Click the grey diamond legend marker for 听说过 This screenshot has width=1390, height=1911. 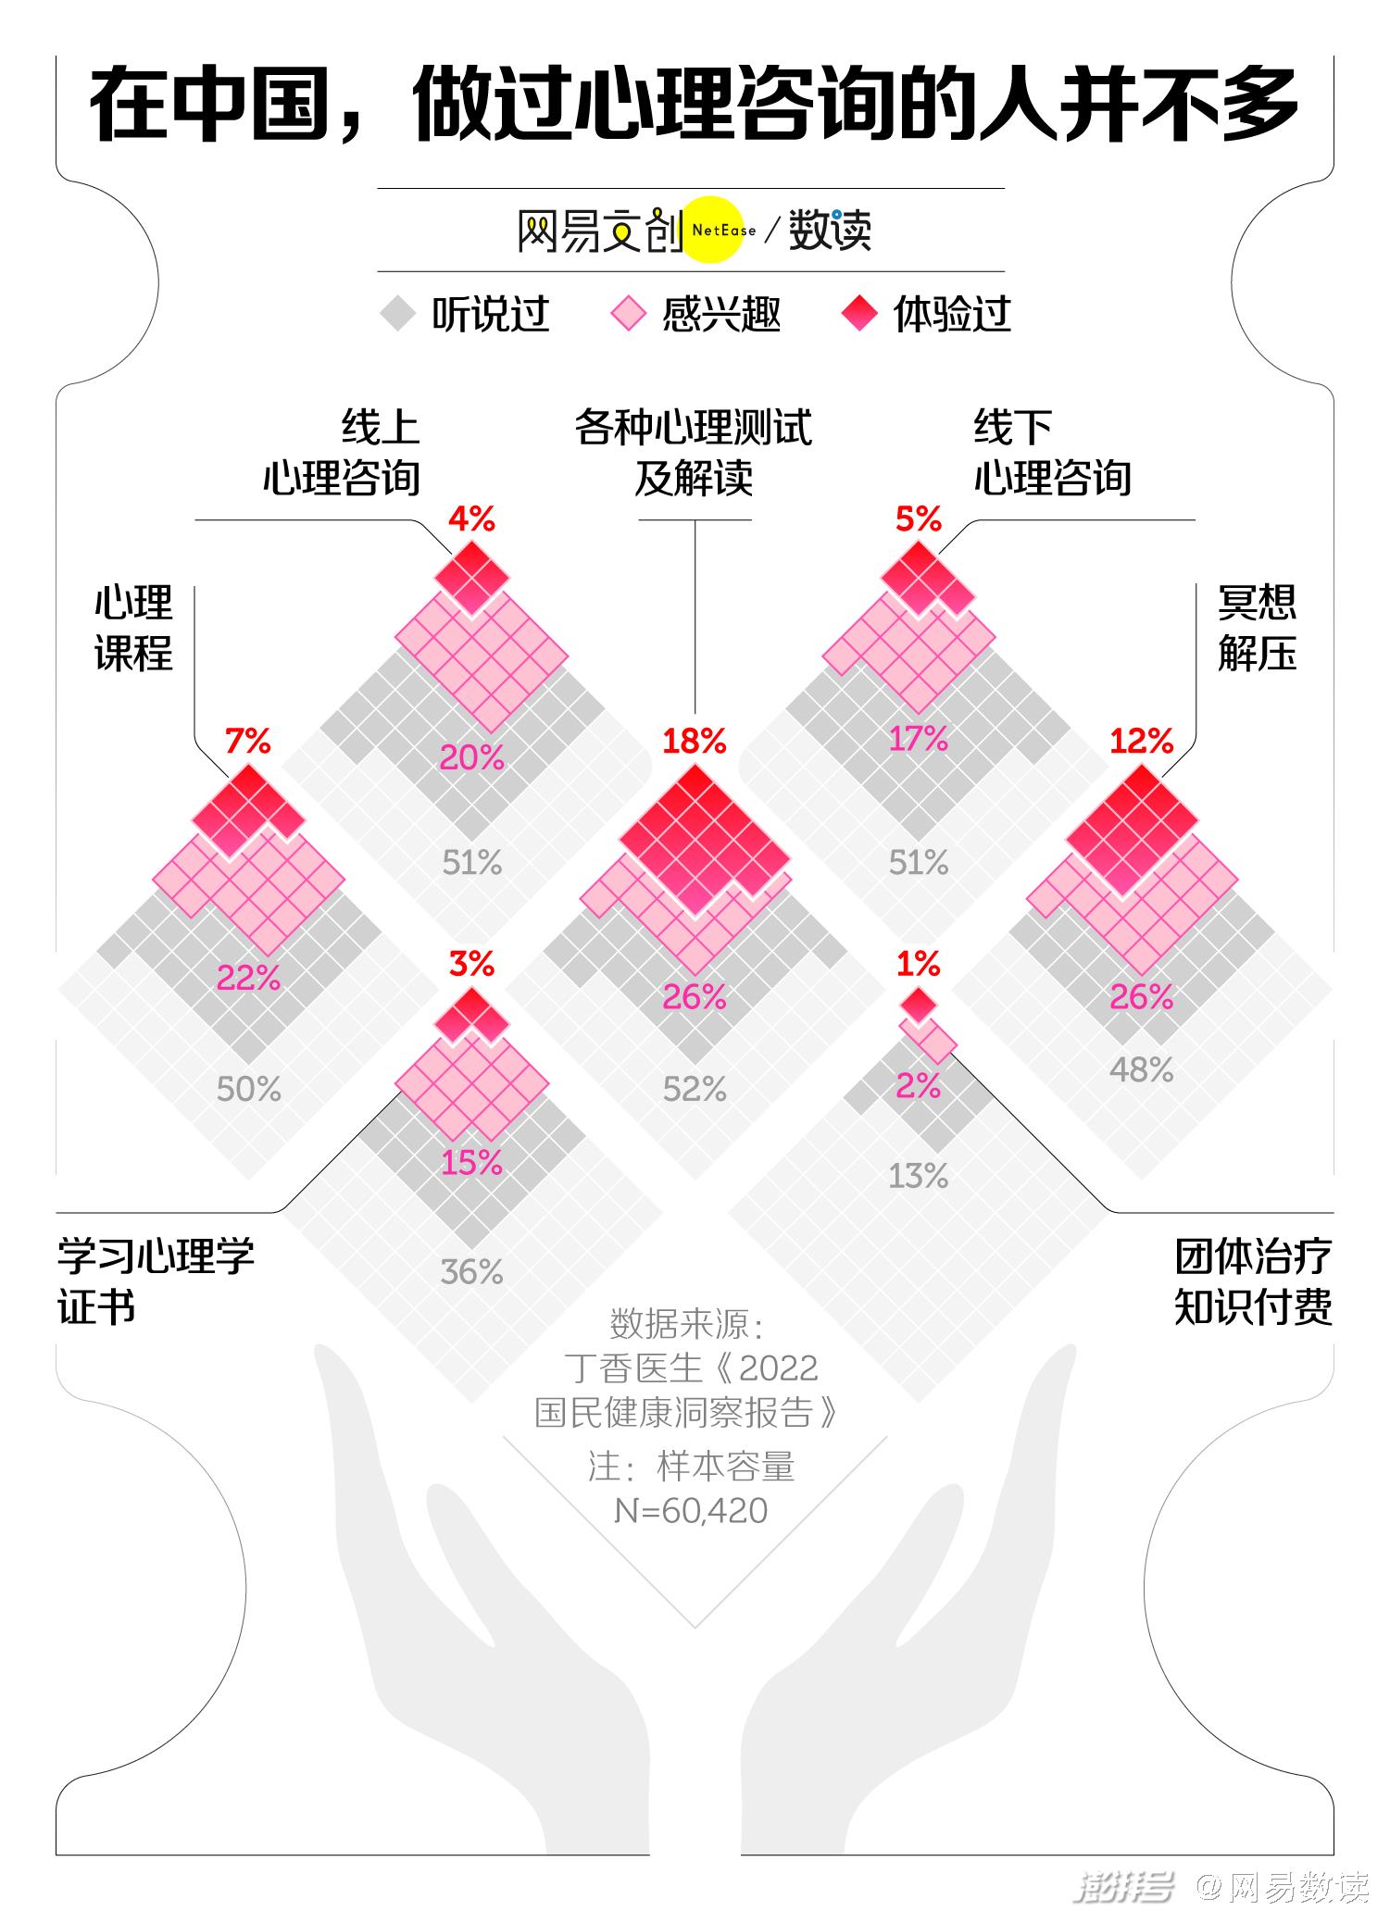coord(399,314)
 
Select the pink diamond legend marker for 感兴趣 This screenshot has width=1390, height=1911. coord(628,314)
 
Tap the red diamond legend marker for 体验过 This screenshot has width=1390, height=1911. coord(859,314)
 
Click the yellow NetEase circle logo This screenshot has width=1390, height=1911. coord(714,230)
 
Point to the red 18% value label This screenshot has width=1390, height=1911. coord(695,741)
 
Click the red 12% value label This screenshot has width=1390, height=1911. coord(1142,741)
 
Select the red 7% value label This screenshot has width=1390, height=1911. coord(248,741)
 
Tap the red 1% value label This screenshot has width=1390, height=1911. coord(918,965)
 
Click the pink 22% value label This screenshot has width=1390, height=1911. coord(248,978)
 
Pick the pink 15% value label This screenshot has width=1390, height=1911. coord(471,1163)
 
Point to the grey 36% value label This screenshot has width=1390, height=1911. coord(471,1272)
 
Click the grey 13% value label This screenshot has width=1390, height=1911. coord(918,1176)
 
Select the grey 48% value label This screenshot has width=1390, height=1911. coord(1142,1070)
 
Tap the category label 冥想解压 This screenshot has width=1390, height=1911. coord(1257,628)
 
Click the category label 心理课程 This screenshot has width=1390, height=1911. coord(133,628)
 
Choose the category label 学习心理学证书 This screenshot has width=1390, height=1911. coord(156,1282)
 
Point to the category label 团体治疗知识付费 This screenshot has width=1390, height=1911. coord(1254,1282)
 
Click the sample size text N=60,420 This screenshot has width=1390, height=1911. coord(691,1511)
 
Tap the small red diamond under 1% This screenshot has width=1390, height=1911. coord(918,1004)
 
